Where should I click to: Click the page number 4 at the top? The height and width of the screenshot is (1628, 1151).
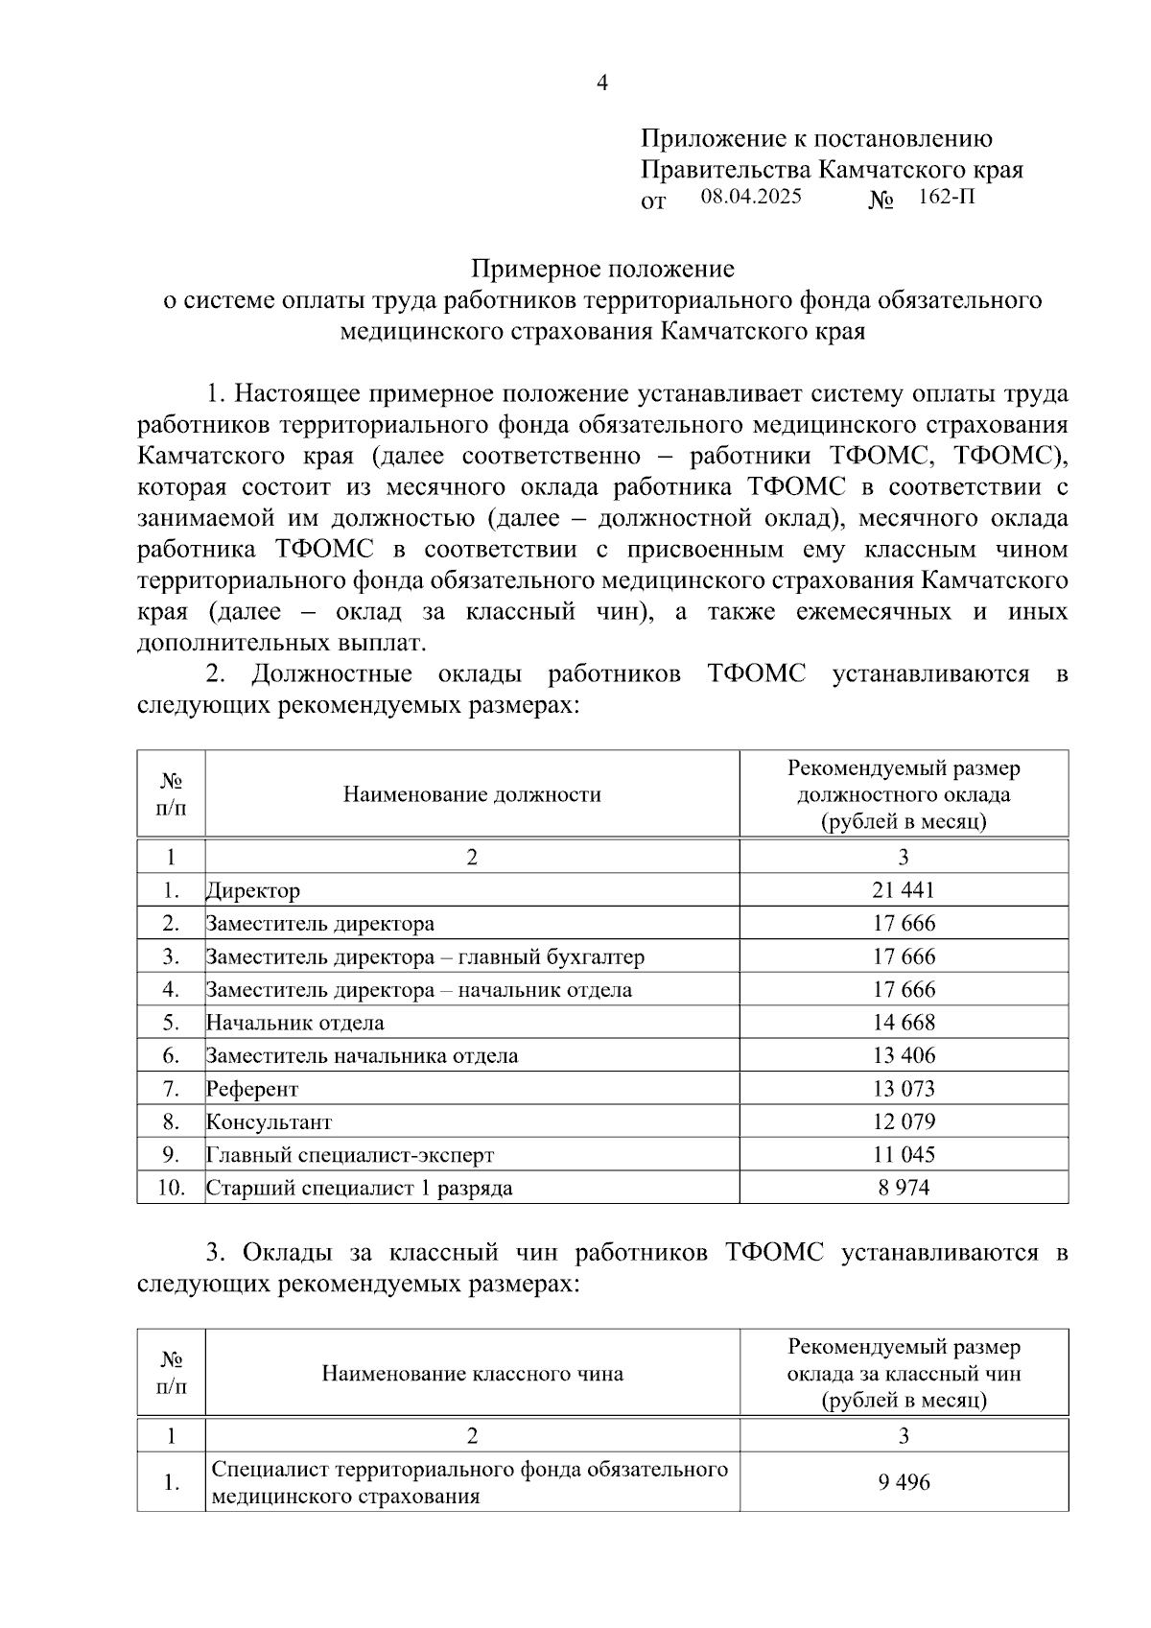pos(602,83)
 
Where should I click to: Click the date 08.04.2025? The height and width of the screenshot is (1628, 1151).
pos(750,197)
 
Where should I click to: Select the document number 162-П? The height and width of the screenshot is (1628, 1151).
pos(946,198)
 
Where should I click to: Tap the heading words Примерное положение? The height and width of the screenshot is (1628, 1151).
pos(602,269)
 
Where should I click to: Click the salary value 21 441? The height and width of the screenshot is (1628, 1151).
pos(903,890)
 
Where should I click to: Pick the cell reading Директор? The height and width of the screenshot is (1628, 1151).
pos(253,890)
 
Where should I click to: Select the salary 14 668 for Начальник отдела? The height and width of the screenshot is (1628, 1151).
pos(903,1023)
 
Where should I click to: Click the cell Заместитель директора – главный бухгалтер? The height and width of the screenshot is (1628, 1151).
pos(425,956)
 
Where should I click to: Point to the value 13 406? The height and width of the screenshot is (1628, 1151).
pos(903,1055)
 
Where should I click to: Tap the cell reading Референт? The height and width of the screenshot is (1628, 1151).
pos(252,1089)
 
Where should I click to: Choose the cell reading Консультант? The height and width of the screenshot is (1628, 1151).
pos(270,1121)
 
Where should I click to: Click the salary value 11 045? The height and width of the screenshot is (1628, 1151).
pos(903,1155)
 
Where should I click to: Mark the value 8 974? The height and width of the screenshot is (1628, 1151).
pos(903,1188)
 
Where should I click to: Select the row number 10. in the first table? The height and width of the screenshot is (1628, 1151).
pos(171,1188)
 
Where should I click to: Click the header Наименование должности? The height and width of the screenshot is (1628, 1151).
pos(472,794)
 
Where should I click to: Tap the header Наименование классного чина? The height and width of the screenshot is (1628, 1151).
pos(472,1374)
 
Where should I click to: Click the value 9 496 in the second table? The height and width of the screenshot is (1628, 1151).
pos(903,1482)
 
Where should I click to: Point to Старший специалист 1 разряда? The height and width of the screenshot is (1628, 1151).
pos(360,1188)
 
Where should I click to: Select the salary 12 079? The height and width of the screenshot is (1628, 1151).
pos(903,1121)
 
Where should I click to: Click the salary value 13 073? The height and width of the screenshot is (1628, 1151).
pos(903,1089)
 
